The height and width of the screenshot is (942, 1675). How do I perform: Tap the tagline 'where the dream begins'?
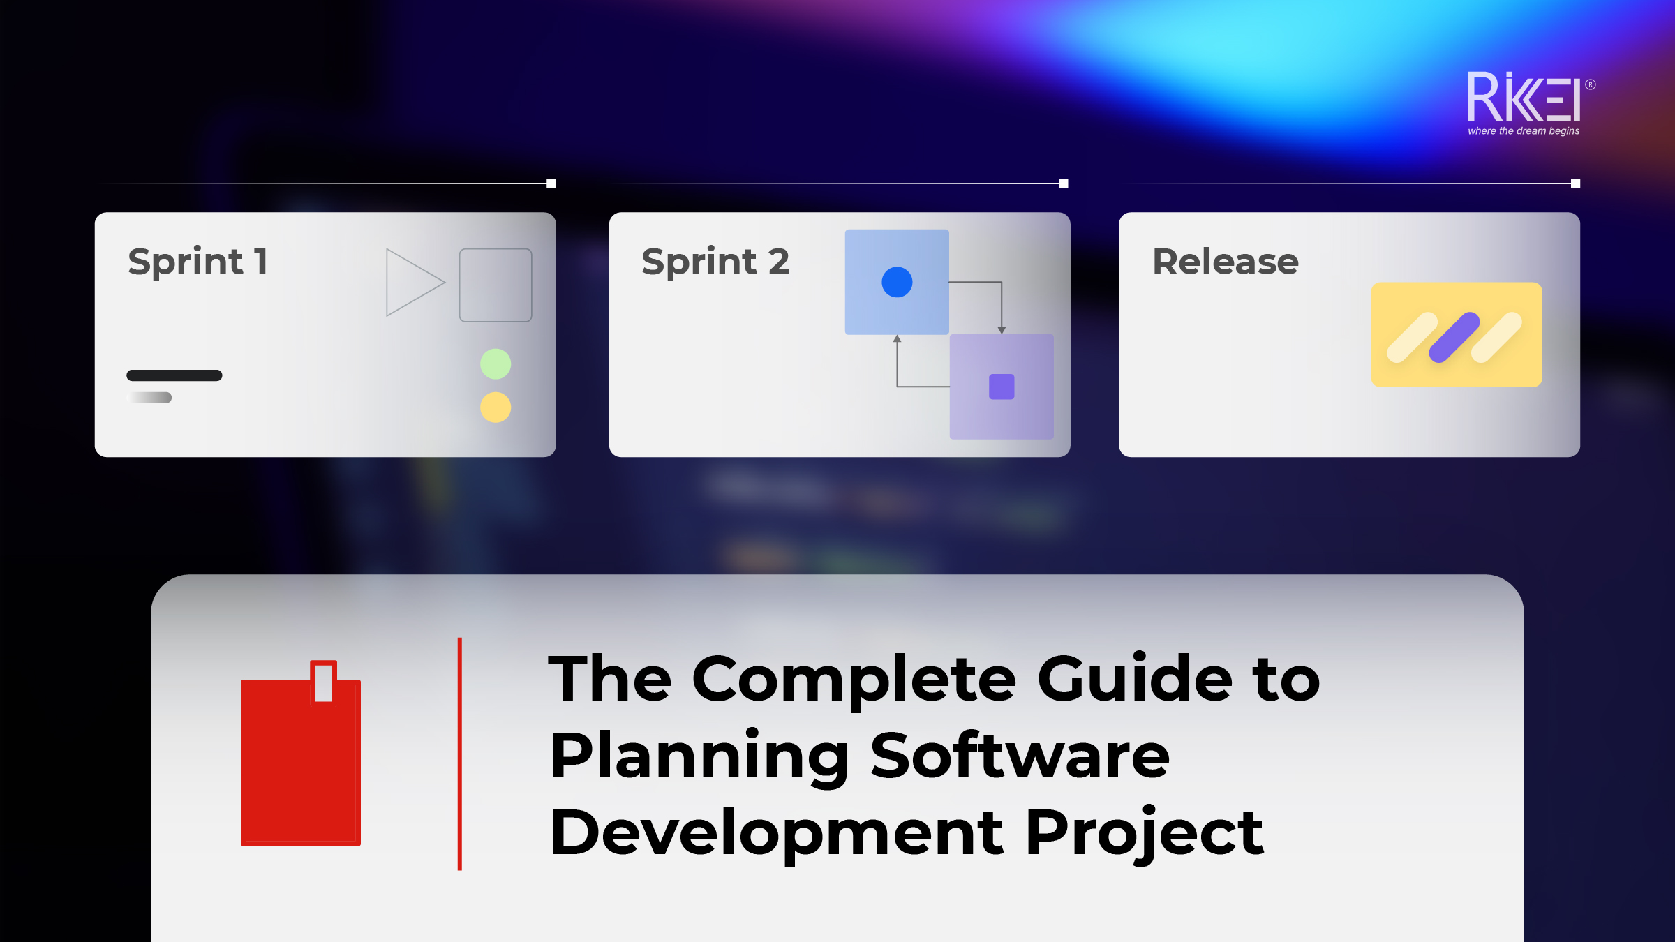coord(1524,131)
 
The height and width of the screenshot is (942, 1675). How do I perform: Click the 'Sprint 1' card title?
coord(198,262)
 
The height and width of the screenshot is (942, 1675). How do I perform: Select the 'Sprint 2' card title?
coord(715,262)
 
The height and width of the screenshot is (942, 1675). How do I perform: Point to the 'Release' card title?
coord(1226,262)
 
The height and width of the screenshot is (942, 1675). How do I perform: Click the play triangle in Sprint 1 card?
coord(412,283)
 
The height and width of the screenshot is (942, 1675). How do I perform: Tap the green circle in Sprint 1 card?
coord(496,364)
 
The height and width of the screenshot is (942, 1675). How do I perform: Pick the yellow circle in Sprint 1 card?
coord(496,408)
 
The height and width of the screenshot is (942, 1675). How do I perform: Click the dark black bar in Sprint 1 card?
coord(174,375)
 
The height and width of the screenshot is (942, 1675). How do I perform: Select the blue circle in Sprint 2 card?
coord(897,282)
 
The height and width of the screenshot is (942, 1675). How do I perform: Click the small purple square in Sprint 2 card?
coord(1002,387)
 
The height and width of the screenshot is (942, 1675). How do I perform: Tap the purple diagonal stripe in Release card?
coord(1454,338)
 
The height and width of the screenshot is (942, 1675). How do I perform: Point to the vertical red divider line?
coord(459,754)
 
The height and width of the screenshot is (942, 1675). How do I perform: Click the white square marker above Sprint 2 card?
coord(1063,184)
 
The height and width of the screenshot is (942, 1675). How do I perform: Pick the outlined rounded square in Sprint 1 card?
coord(496,285)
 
